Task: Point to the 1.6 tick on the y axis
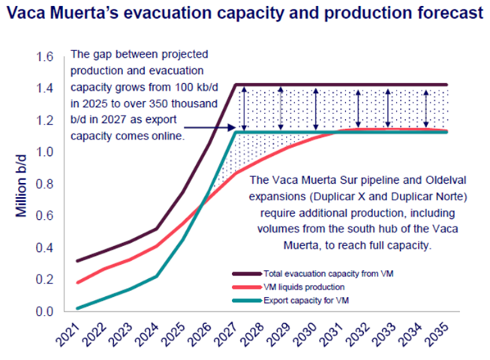coord(44,57)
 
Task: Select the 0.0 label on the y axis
coord(44,311)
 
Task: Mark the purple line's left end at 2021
coord(77,261)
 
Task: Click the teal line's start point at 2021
coord(77,307)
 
